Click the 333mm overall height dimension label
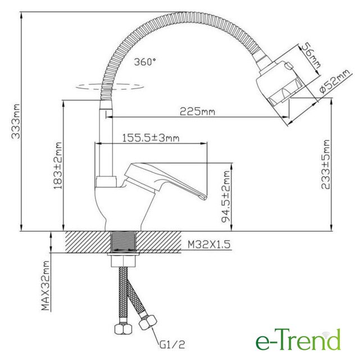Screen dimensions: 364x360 [x=16, y=121]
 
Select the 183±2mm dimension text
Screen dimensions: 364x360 [x=58, y=165]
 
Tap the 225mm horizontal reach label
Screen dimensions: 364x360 [x=197, y=111]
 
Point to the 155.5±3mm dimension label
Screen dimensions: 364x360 [x=151, y=138]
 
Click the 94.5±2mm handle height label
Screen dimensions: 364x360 [x=225, y=196]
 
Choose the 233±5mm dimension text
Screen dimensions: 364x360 [x=325, y=164]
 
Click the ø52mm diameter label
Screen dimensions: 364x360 [x=334, y=82]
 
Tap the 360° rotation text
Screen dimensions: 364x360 [x=145, y=62]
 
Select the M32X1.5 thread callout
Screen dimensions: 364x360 [x=209, y=245]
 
